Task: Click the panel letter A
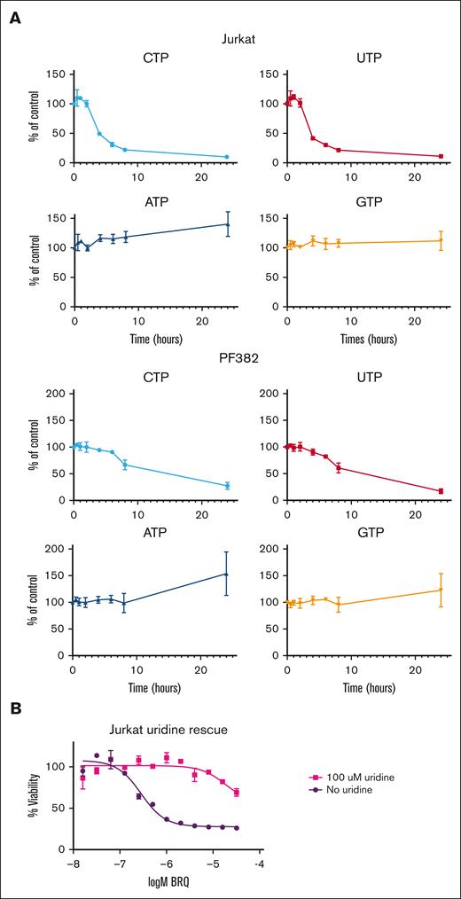point(15,18)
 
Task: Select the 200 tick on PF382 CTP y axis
point(56,393)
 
